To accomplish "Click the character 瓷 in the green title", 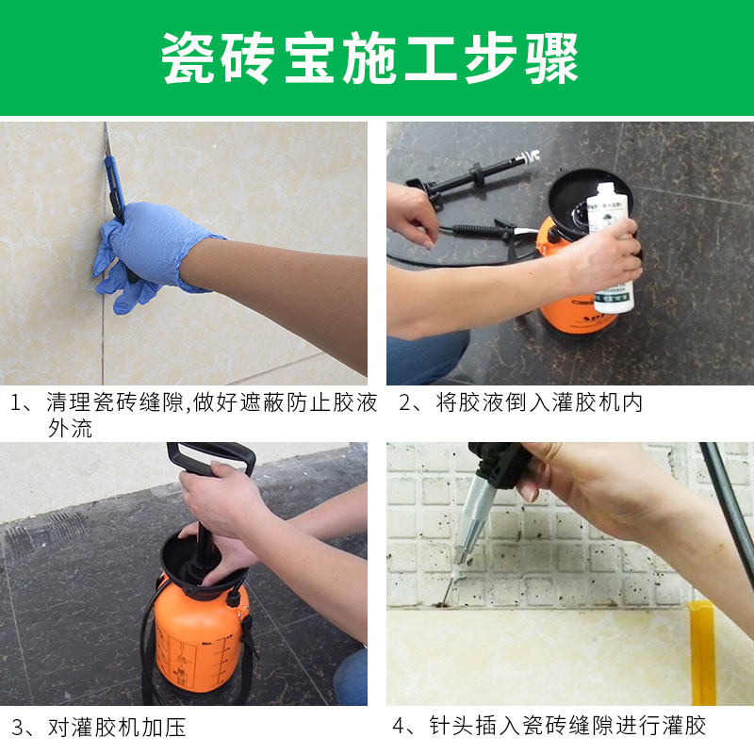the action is coord(188,58).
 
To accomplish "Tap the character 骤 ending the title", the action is coord(551,58).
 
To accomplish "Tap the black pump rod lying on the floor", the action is coord(474,175).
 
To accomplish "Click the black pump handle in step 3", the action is coord(210,457).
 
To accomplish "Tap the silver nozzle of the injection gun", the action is coord(471,522).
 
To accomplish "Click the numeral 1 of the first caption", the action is coord(17,403).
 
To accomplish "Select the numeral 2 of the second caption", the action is coord(405,403).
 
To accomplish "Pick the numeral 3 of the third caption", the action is coord(17,728).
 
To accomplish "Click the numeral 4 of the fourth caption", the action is coord(399,726).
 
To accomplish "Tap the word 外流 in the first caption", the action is coord(70,428).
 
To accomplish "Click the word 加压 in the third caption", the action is coord(163,727).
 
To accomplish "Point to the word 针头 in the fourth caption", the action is coord(451,726).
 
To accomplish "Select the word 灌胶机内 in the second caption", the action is coord(597,402).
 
